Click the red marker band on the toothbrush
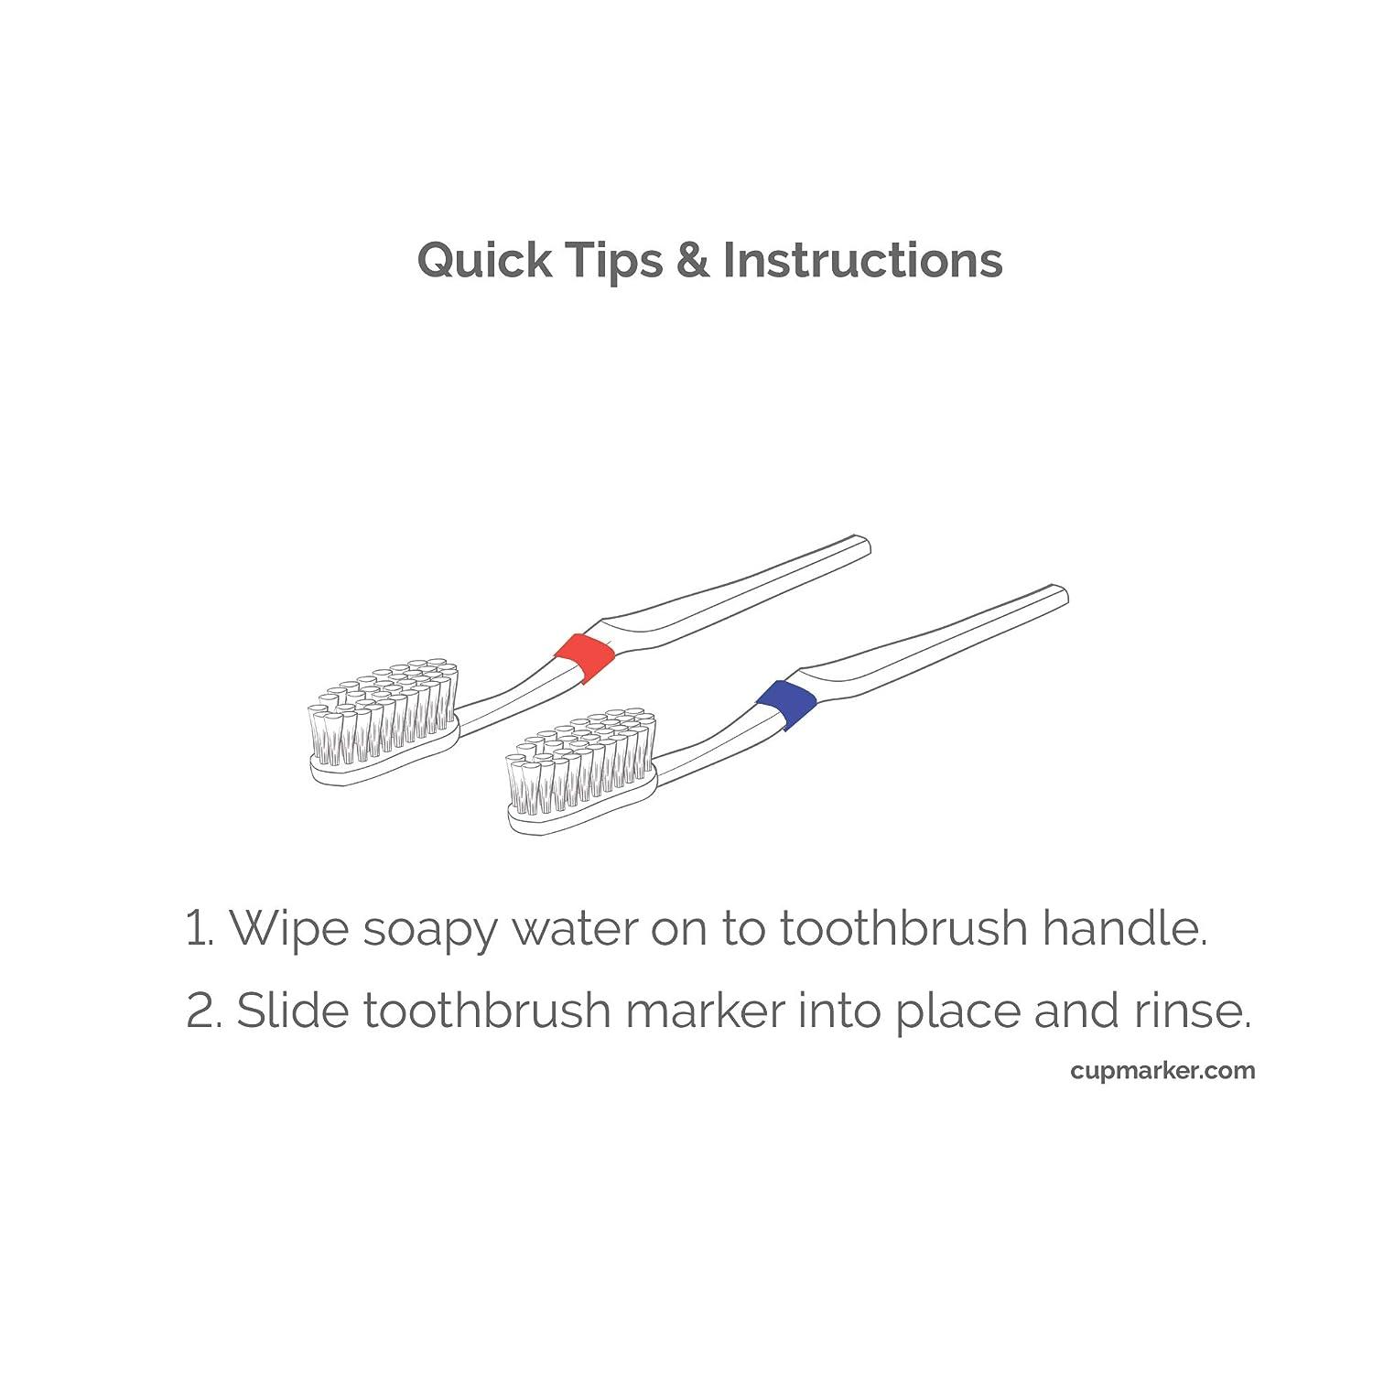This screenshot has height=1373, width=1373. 584,656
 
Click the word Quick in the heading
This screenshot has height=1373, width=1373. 484,260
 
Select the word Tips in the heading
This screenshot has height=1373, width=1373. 612,260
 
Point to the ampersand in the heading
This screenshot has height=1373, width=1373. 692,260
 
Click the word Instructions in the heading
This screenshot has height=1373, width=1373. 862,260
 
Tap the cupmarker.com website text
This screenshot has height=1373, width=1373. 1162,1070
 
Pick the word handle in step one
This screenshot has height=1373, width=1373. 1124,928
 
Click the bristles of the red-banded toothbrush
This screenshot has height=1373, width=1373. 384,714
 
